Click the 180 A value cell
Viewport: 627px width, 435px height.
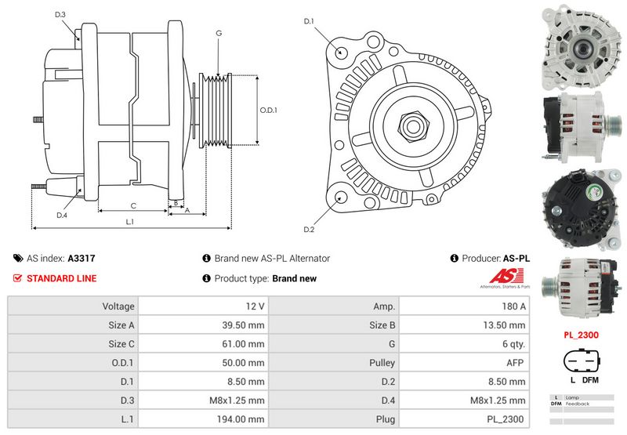click(x=464, y=306)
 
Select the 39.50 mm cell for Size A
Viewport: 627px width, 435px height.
click(x=200, y=324)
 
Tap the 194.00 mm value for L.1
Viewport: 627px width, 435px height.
click(x=200, y=419)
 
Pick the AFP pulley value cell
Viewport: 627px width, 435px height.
click(x=464, y=362)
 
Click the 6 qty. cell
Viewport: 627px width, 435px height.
click(x=464, y=343)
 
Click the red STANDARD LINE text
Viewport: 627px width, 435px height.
click(x=61, y=278)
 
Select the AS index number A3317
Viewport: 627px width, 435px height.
click(x=82, y=258)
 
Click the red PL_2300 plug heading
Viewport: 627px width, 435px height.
click(x=581, y=334)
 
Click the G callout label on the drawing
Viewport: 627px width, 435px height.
click(x=219, y=33)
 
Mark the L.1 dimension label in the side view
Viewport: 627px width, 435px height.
click(x=131, y=223)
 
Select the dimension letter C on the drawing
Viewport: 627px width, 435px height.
click(x=133, y=206)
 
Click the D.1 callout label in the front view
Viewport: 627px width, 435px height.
click(x=309, y=21)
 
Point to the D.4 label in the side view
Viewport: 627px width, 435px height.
click(x=62, y=215)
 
